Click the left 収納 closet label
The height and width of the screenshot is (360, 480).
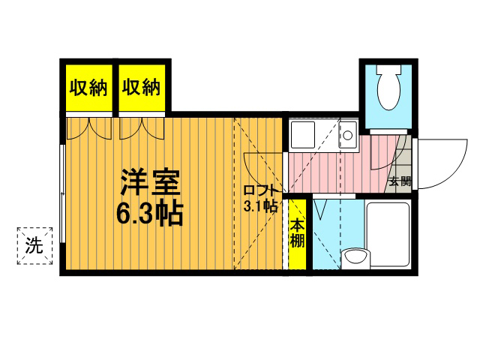click(x=88, y=88)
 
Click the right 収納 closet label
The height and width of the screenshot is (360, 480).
click(x=141, y=88)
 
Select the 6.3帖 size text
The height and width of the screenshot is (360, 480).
click(x=150, y=213)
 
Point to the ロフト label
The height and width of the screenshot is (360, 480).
click(x=261, y=190)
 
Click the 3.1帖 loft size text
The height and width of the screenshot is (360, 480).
click(x=260, y=206)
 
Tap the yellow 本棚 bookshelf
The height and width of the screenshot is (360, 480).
click(x=298, y=234)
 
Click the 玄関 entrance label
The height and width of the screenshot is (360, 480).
click(x=400, y=181)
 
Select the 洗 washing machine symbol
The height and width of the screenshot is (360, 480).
click(x=34, y=246)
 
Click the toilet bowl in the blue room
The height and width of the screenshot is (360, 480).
click(x=388, y=91)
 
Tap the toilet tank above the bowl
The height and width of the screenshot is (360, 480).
click(x=388, y=69)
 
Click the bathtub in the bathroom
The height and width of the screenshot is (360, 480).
click(x=388, y=234)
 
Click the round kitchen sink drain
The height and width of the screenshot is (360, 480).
click(x=347, y=135)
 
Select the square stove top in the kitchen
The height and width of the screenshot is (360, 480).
click(x=303, y=135)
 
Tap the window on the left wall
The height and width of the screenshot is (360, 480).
click(x=62, y=193)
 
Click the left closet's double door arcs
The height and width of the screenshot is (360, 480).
click(x=89, y=129)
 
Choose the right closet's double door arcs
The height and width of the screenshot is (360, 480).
click(x=142, y=129)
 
